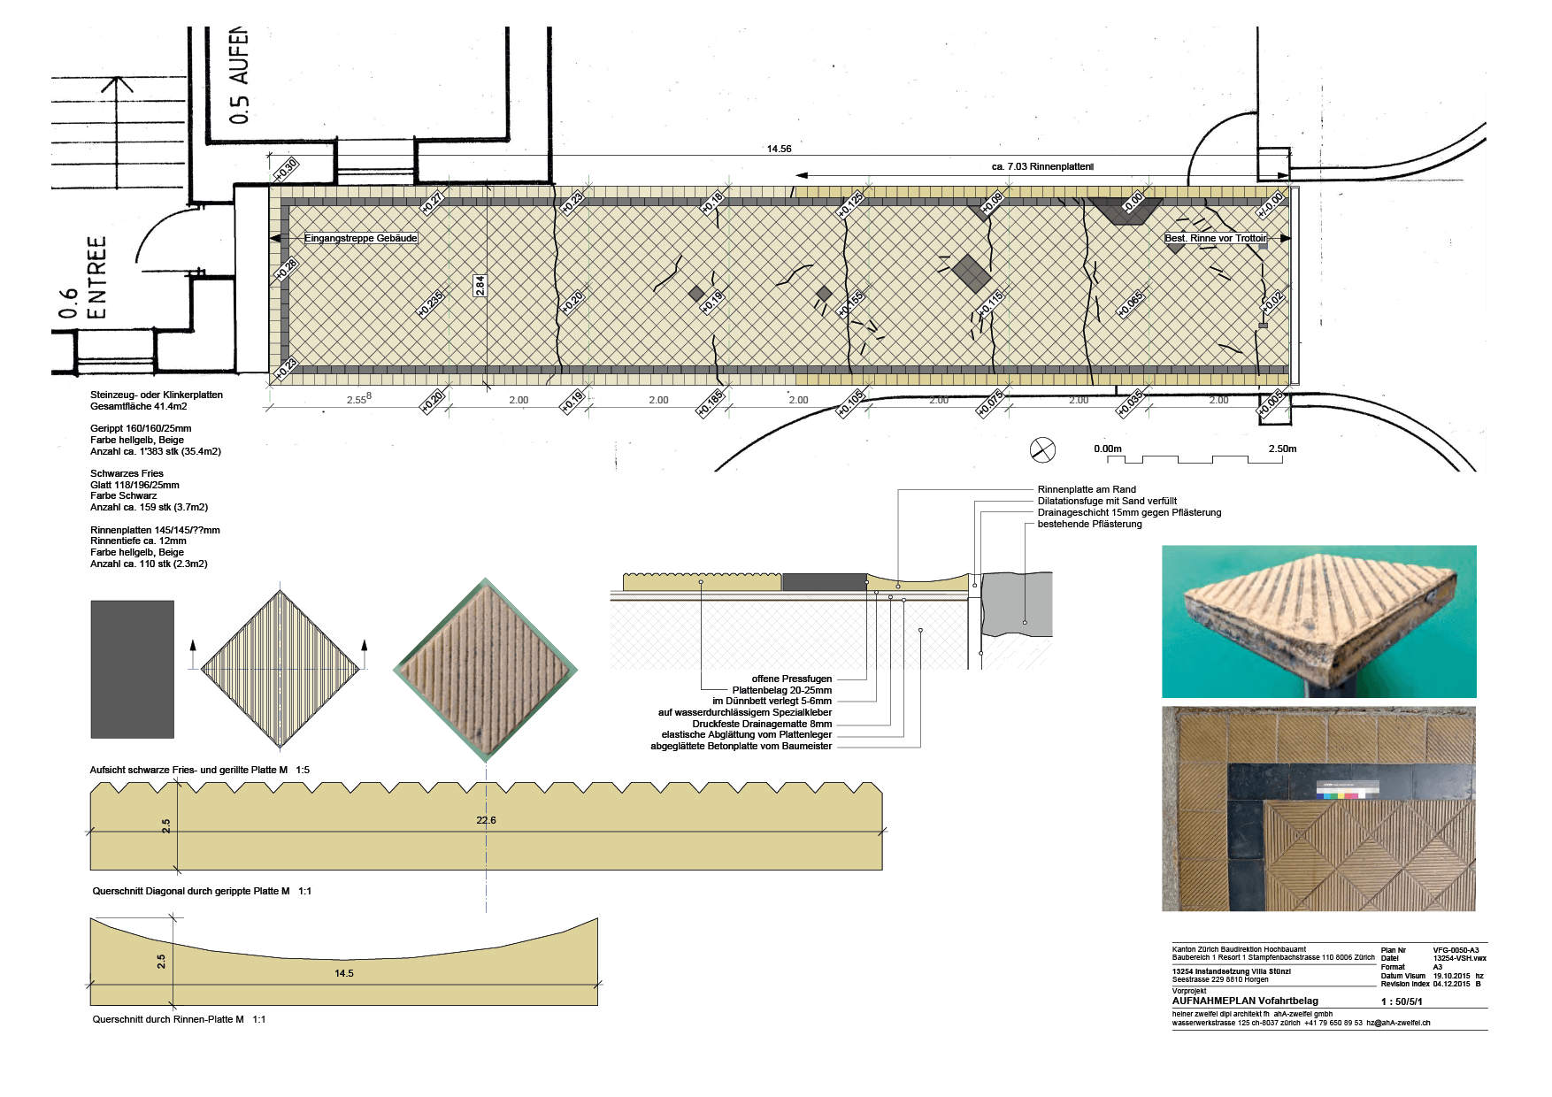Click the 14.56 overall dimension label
point(779,149)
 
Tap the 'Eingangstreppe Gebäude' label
point(360,238)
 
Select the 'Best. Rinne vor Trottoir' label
point(1216,238)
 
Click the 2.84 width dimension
point(480,285)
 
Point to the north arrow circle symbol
point(1042,449)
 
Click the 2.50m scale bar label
point(1282,449)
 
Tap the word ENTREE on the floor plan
point(96,277)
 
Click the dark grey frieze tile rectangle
point(132,669)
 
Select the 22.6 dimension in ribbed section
point(486,820)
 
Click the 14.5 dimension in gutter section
point(344,973)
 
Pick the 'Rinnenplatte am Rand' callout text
point(1087,489)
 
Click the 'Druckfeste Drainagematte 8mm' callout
point(762,724)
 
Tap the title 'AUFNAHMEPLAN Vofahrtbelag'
point(1245,1001)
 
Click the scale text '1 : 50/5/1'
point(1402,1001)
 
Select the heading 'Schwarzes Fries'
point(127,473)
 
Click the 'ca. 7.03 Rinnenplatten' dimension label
point(1042,166)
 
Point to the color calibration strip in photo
point(1347,790)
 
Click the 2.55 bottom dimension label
point(357,399)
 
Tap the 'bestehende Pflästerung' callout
point(1089,524)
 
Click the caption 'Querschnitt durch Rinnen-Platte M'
point(168,1019)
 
